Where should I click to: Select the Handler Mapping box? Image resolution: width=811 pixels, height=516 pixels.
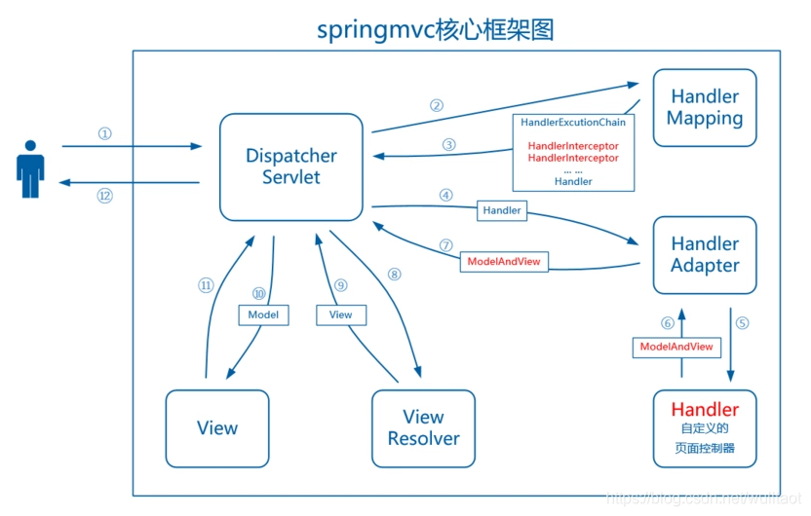point(704,108)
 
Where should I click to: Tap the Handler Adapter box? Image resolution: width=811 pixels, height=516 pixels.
point(704,255)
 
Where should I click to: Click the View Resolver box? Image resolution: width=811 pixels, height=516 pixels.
point(423,428)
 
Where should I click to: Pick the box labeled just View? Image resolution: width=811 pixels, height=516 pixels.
point(216,428)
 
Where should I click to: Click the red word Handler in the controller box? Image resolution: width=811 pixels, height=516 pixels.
point(704,410)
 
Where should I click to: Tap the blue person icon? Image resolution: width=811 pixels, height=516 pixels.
point(30,168)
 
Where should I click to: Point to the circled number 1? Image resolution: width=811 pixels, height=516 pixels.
point(105,133)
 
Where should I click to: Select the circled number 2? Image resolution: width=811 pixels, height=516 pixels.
point(437,105)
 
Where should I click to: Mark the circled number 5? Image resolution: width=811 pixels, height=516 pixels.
point(743,323)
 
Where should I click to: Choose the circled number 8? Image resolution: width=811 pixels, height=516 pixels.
point(394,275)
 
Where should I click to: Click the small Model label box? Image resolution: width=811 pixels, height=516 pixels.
point(263,315)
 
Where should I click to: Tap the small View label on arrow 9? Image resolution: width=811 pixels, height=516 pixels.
point(340,315)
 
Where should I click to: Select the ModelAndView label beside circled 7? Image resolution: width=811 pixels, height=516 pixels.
point(503,262)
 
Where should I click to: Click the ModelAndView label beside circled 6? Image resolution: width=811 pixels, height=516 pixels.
point(676,347)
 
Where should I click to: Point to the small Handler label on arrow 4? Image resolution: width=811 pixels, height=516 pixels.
point(502,209)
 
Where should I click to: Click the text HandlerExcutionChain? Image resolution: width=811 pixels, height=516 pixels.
point(573,123)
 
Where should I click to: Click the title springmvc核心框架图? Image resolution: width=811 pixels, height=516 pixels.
point(436,29)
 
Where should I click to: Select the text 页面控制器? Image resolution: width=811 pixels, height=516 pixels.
point(704,449)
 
